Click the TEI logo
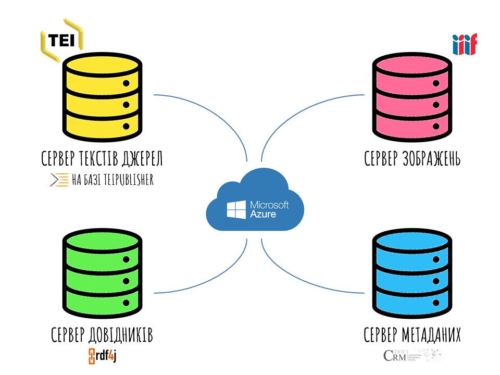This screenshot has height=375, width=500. click(61, 40)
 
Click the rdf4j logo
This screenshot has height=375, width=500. click(106, 356)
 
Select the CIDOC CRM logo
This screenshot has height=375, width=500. click(411, 356)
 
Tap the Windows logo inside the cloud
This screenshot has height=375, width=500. click(236, 210)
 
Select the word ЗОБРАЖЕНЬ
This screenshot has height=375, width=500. click(430, 158)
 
